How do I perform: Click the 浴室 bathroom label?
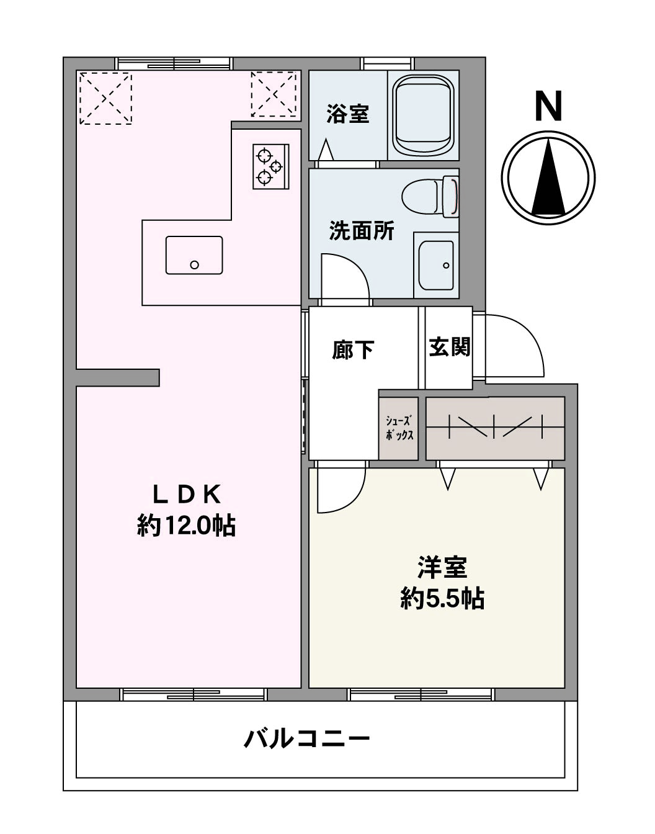(347, 114)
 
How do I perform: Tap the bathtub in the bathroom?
(423, 118)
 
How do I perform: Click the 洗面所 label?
(362, 231)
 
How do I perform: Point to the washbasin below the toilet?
(436, 263)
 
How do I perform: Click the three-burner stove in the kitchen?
(270, 166)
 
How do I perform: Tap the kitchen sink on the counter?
(194, 255)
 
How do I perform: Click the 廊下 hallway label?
(352, 350)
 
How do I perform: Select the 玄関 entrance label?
(450, 347)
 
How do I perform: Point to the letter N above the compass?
(548, 107)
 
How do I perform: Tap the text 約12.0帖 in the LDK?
(186, 526)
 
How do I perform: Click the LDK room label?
(187, 495)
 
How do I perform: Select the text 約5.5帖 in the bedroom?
(442, 598)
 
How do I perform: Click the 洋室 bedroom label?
(442, 567)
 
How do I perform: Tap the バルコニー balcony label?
(307, 738)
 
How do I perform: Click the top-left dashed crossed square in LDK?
(105, 98)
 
